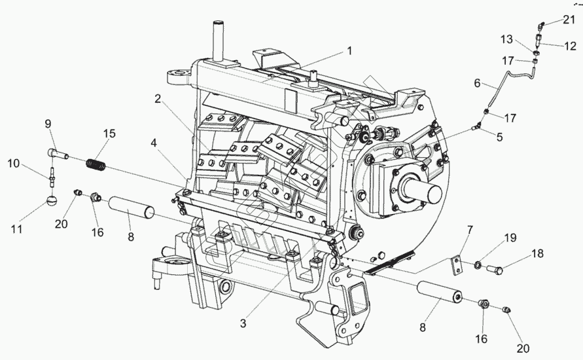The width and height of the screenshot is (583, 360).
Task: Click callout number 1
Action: [x=349, y=50]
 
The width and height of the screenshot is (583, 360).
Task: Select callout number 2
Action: [x=158, y=99]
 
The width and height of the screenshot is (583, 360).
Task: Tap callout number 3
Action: [x=243, y=323]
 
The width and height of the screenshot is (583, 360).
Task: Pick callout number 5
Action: [x=499, y=138]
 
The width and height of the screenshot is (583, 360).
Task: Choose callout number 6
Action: [x=477, y=84]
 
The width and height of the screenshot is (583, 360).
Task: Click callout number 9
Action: [x=48, y=124]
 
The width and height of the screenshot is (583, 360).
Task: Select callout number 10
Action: [x=13, y=164]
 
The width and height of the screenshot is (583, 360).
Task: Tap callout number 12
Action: [x=570, y=46]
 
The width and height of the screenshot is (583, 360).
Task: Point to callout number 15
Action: [x=109, y=134]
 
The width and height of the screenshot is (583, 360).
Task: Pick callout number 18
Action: [x=537, y=253]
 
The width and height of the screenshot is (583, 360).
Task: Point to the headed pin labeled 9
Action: [x=58, y=154]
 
